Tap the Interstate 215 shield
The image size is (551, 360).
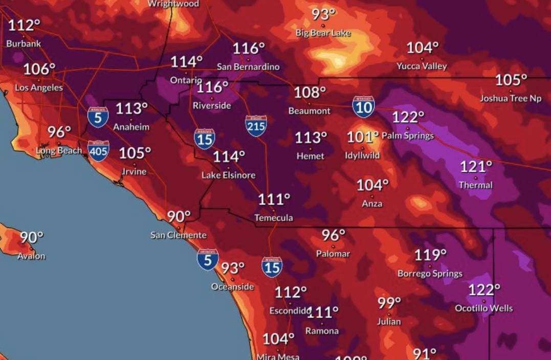(256, 125)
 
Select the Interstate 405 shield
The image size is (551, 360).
(98, 151)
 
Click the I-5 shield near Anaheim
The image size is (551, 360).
(98, 117)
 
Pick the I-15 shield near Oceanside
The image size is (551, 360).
(272, 267)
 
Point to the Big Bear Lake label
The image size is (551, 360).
(323, 33)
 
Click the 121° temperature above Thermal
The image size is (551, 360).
(476, 167)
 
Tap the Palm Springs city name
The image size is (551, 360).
(408, 136)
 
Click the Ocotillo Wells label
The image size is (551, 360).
(483, 308)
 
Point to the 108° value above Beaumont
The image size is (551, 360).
(310, 93)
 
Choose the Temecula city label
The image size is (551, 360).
(274, 218)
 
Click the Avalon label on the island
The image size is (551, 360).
(32, 256)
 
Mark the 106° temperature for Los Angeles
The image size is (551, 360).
(39, 70)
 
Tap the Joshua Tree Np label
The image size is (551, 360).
(511, 98)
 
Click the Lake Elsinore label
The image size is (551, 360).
(228, 175)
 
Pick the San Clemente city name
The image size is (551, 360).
(179, 235)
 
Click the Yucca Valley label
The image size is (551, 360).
(422, 66)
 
